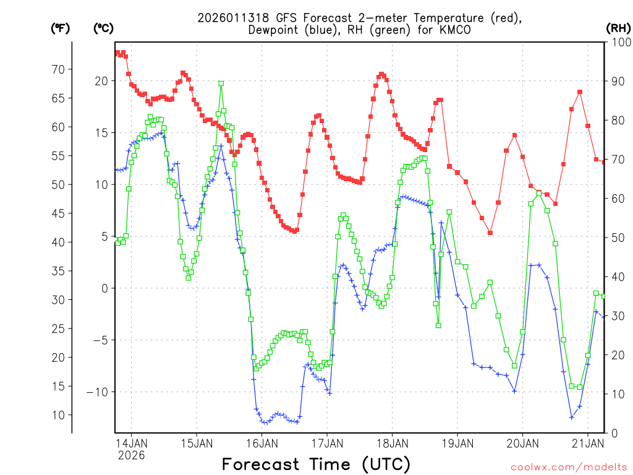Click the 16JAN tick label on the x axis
[261, 443]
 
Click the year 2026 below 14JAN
[131, 455]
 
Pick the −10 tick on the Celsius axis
[99, 392]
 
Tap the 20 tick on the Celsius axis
[101, 81]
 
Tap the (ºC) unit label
[103, 28]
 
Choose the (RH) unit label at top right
[618, 28]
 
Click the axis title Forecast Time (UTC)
[316, 464]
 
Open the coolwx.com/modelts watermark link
[568, 466]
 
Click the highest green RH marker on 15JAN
[221, 83]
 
